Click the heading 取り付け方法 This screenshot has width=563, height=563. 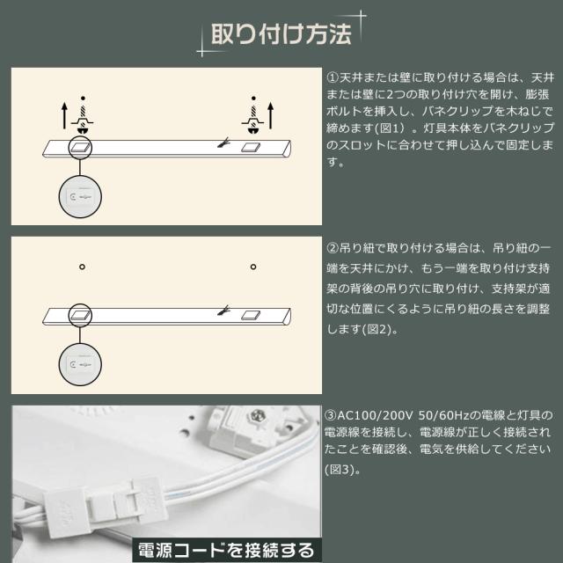pos(281,34)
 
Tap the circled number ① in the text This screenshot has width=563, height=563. pos(333,77)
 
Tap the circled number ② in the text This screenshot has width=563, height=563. pos(333,248)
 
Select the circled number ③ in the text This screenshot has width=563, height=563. pos(331,415)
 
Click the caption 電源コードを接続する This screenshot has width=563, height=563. pos(226,550)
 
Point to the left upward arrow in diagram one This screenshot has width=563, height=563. pos(64,115)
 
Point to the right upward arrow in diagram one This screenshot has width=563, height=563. pos(271,115)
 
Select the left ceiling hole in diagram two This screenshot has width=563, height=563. pos(82,267)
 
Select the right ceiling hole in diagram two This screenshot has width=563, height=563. pos(253,267)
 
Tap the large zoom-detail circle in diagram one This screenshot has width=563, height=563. pos(80,196)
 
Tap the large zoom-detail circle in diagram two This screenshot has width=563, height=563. pos(80,364)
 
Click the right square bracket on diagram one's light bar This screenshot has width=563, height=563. pos(250,147)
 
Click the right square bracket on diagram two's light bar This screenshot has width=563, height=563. pos(250,315)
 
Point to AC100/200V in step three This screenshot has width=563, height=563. pos(375,415)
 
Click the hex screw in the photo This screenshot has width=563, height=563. pos(258,416)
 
